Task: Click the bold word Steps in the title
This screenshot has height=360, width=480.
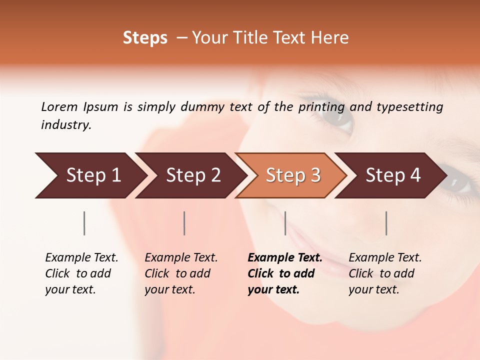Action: [145, 38]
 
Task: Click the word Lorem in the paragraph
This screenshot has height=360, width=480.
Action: [59, 106]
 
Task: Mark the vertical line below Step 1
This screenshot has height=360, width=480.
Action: [84, 223]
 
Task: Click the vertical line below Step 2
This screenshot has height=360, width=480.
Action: [184, 223]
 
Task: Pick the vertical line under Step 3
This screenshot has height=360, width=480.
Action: [285, 223]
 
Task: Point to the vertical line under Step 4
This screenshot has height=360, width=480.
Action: [386, 223]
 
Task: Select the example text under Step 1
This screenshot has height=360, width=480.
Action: [81, 273]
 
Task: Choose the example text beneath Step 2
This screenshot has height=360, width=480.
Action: [181, 273]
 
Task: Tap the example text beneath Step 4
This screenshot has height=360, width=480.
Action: [385, 273]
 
